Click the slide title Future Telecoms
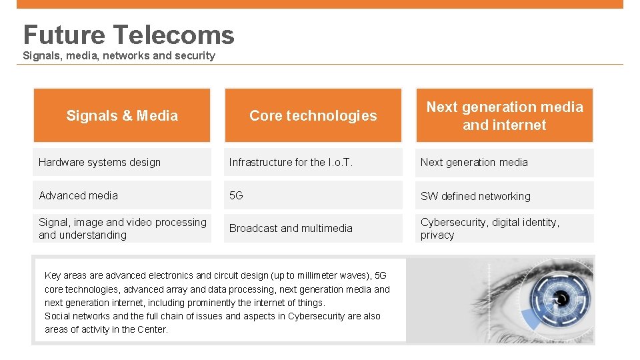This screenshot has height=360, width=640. coord(129,35)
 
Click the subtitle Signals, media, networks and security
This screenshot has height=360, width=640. coord(119,55)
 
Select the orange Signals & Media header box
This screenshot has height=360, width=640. coord(122,115)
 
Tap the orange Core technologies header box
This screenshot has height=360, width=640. coord(313,115)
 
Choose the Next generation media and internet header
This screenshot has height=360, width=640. coord(504,115)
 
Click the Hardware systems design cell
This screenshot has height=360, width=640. coord(122,162)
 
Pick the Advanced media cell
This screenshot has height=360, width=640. coord(122,195)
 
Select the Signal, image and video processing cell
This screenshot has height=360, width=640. coord(122,228)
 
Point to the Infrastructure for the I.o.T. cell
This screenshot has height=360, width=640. coord(313,162)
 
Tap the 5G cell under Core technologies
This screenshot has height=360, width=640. coord(313,195)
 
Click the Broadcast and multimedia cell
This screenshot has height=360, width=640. coord(313,228)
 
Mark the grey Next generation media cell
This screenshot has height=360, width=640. coord(504,162)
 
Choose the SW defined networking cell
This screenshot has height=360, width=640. coord(504,196)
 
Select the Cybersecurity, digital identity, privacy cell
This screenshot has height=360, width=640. coord(504,228)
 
